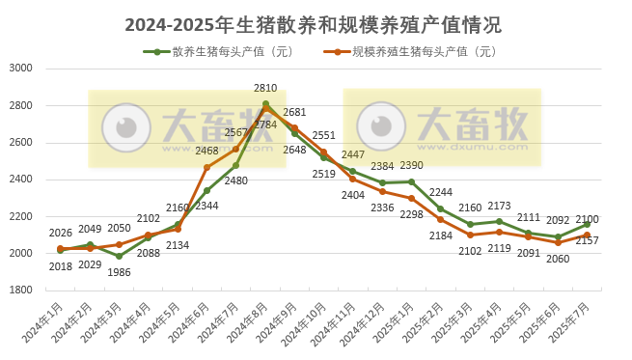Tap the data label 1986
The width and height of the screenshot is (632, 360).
119,272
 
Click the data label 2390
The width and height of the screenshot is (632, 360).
411,166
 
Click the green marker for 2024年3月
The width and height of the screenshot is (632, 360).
119,256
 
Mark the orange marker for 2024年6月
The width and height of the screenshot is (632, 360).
206,167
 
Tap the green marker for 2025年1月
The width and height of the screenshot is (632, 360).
411,181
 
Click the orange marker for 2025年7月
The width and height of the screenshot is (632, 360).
587,235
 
